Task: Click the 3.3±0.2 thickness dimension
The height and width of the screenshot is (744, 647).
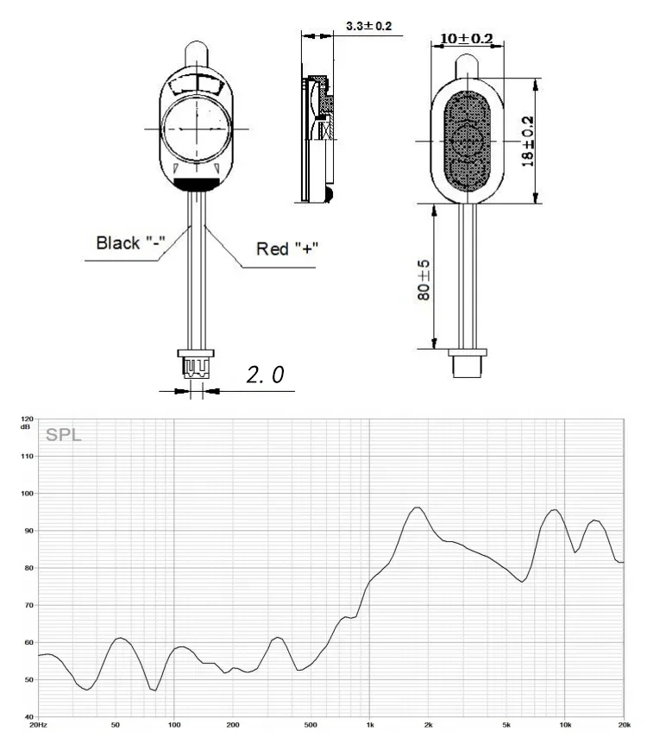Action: (368, 26)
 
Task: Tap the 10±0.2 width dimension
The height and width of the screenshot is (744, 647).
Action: (467, 38)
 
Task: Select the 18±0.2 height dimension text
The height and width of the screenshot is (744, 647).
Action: (527, 141)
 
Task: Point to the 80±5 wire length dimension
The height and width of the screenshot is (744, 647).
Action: (424, 280)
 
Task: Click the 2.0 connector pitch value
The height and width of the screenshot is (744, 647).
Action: (265, 375)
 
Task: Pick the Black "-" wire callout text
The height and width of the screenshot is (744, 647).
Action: (130, 243)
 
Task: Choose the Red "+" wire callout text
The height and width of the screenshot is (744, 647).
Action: (287, 249)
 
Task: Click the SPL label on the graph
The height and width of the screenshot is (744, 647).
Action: (64, 435)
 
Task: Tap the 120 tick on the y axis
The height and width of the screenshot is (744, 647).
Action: (27, 419)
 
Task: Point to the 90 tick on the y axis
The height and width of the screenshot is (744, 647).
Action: (29, 531)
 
